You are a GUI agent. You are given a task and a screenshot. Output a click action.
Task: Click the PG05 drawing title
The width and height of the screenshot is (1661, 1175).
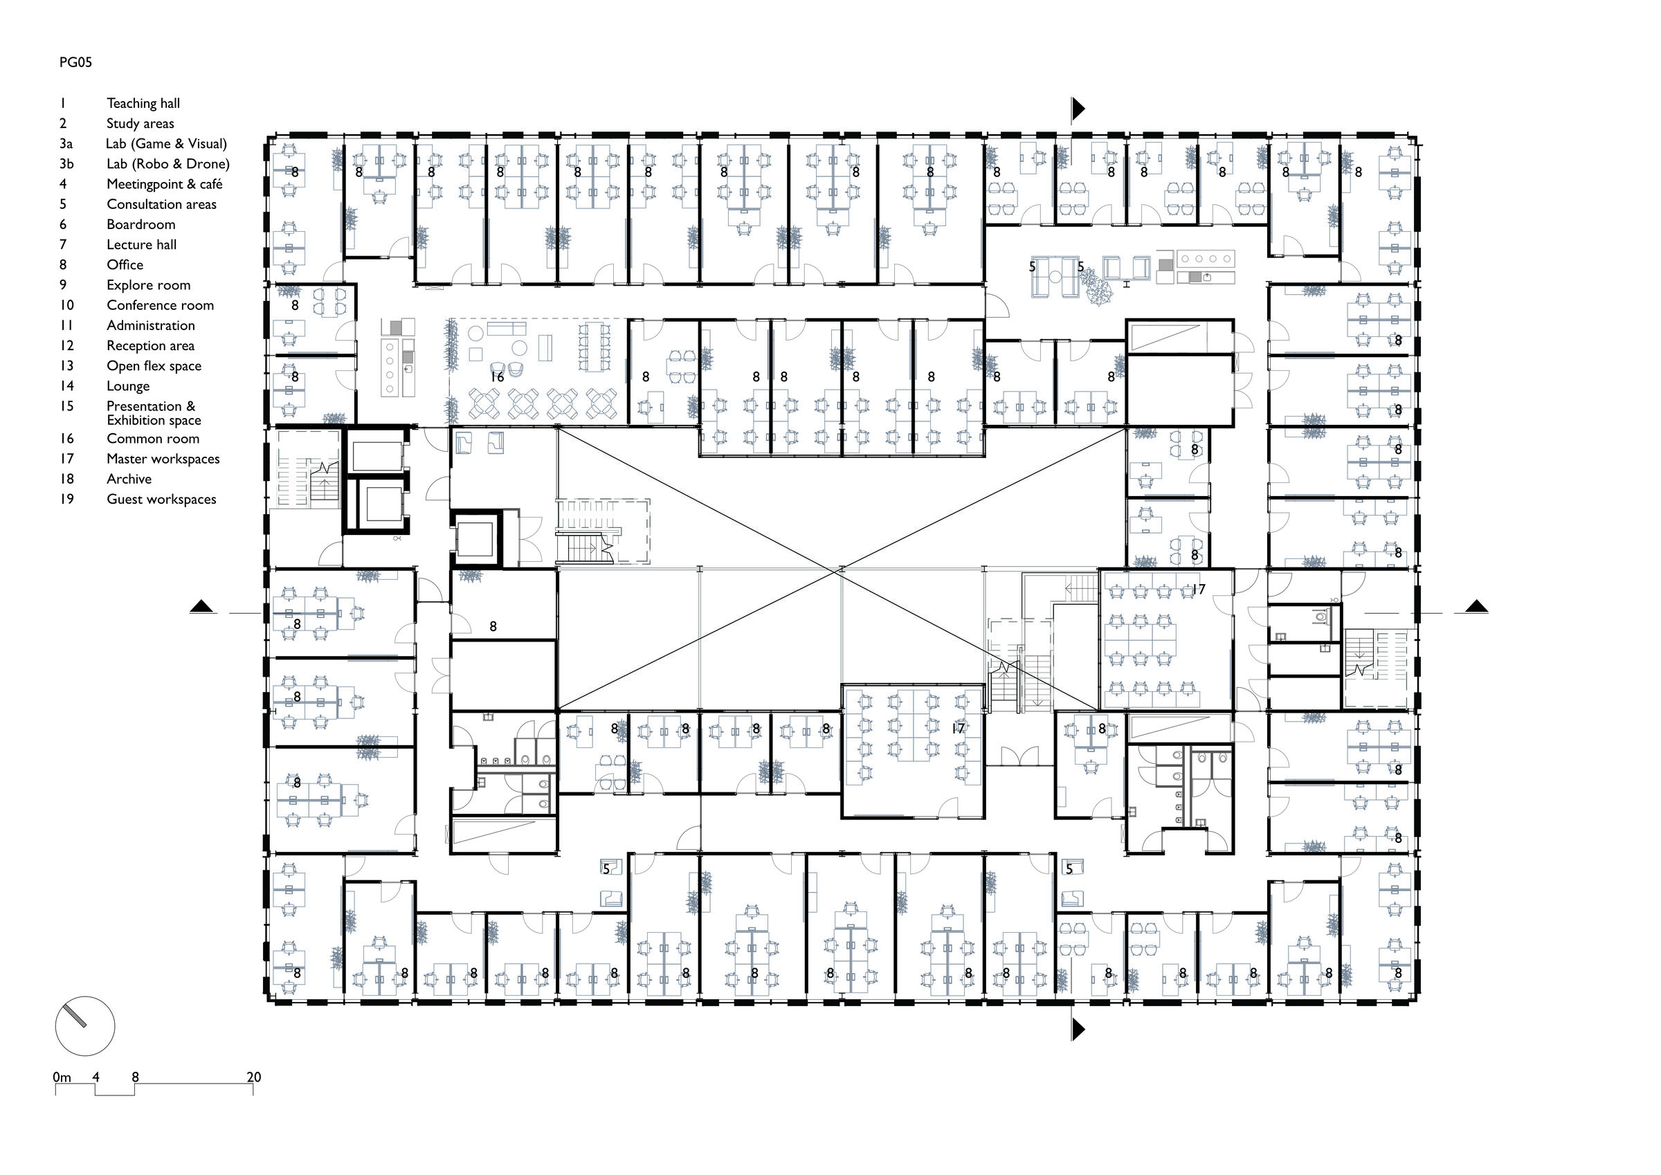pos(75,62)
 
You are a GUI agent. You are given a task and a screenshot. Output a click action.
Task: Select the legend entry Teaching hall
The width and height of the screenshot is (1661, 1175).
pos(143,104)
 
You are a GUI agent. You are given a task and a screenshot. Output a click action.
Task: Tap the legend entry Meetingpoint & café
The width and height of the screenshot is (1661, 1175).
pos(164,185)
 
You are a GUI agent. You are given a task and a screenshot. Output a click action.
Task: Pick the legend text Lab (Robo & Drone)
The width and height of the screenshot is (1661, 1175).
pos(168,164)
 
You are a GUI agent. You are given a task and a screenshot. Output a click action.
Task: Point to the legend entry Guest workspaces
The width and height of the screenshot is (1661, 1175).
pos(161,499)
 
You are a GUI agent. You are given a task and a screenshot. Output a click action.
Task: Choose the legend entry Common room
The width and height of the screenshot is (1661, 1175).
pos(153,439)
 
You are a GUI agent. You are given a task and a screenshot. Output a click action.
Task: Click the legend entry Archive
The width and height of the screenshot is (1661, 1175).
pos(129,479)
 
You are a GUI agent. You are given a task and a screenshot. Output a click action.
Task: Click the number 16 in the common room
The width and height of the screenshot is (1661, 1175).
pos(497,377)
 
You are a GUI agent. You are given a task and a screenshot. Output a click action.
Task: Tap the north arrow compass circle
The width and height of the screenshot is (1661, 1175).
pos(84,1026)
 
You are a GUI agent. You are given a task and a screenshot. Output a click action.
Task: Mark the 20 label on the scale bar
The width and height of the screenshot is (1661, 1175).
pos(254,1077)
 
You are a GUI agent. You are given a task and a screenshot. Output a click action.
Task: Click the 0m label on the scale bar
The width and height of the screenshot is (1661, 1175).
pos(62,1077)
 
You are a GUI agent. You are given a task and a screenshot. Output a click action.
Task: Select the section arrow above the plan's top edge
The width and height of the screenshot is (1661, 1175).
pos(1078,109)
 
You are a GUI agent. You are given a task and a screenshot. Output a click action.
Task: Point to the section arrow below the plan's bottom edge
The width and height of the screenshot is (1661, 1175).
pos(1078,1029)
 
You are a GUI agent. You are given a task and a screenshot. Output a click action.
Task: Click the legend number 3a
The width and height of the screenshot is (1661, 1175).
pos(66,144)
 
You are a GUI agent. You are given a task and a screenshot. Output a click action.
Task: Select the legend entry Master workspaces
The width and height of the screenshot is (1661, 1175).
pos(163,459)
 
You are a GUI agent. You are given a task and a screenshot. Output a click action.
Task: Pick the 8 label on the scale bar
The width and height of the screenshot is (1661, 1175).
pos(135,1077)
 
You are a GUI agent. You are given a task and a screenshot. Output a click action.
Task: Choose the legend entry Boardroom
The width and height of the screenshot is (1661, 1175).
pos(141,225)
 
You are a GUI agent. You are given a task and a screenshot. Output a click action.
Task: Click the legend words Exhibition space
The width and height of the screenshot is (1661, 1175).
pos(154,420)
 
